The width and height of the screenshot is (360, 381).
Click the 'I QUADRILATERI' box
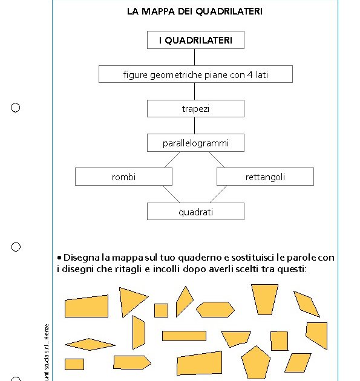(195, 40)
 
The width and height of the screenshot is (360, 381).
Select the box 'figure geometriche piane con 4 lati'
(195, 74)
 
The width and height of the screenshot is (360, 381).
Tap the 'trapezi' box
(195, 109)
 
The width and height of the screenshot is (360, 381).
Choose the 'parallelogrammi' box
(195, 143)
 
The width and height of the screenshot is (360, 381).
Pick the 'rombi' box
(123, 177)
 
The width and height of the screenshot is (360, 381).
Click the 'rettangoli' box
(265, 177)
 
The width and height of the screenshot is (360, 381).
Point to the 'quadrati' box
(195, 212)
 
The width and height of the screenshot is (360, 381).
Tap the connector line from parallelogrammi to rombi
(172, 160)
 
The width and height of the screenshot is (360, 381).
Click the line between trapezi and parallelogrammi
(195, 125)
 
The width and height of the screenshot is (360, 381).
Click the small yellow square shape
(161, 310)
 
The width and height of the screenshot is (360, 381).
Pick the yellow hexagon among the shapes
(215, 309)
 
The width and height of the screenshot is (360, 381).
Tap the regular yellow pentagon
(255, 361)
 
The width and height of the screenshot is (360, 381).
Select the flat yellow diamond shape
(89, 344)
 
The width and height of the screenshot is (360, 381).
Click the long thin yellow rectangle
(184, 336)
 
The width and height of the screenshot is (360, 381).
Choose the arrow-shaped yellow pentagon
(131, 362)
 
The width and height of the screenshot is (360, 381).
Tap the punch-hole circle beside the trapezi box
(16, 108)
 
